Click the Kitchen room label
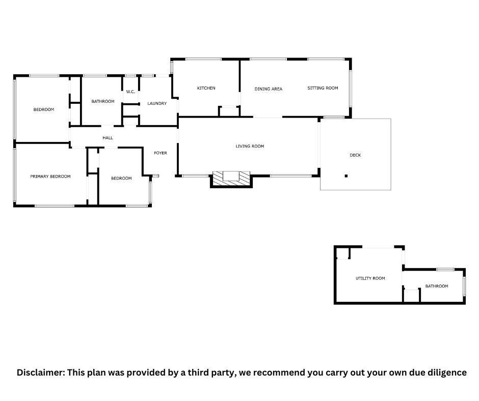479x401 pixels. (206, 88)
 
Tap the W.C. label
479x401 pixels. (130, 92)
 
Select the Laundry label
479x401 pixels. (157, 103)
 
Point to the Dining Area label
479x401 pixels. (269, 89)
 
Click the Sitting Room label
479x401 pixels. (323, 88)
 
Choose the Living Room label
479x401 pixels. (250, 146)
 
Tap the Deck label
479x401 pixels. (355, 155)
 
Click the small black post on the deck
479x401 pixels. (346, 176)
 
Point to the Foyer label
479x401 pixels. (161, 153)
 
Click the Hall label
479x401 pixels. (108, 138)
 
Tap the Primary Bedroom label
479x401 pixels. (50, 177)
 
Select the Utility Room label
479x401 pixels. (370, 278)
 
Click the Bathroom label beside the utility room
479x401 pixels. (437, 287)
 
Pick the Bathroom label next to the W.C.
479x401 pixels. (103, 101)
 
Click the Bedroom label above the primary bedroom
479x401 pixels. (44, 109)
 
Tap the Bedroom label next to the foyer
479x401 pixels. (121, 178)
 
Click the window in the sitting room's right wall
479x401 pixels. (351, 89)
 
